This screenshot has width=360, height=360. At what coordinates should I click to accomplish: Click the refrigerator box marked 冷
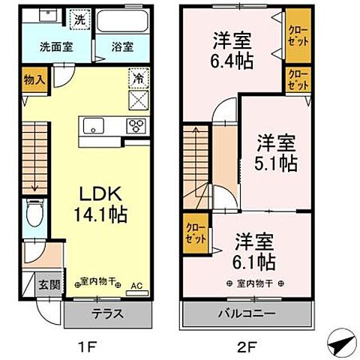coord(138,77)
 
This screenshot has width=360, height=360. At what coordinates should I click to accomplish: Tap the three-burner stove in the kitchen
coord(136,125)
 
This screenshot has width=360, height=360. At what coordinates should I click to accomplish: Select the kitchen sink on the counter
coord(95,125)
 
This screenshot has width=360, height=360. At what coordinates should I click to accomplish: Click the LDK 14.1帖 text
coord(99,202)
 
